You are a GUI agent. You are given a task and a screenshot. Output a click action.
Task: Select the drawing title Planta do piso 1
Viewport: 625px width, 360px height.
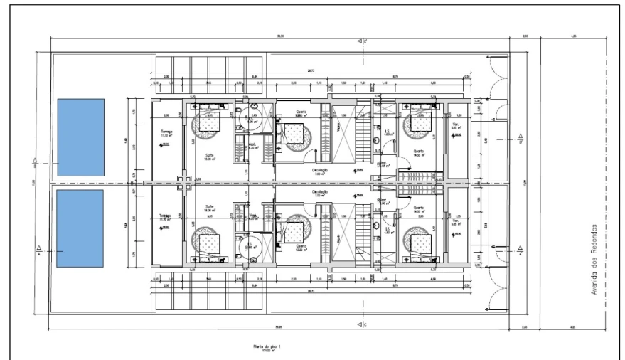[264, 346]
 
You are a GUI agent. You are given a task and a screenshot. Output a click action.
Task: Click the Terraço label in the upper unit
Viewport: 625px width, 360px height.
[166, 132]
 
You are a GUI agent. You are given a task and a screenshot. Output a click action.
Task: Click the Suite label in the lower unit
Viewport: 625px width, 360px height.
[210, 208]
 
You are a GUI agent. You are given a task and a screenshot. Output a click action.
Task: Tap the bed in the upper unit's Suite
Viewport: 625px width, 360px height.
[210, 123]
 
